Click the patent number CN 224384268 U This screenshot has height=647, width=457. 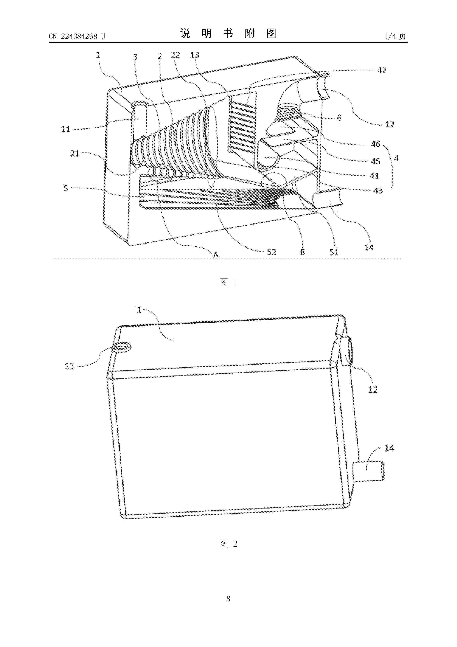(x=77, y=36)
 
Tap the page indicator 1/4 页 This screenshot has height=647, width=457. (x=395, y=36)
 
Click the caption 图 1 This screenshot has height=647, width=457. (x=228, y=282)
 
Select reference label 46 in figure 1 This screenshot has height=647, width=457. (x=376, y=144)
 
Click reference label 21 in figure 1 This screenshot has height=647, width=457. (x=75, y=154)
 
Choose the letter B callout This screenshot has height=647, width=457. (x=303, y=252)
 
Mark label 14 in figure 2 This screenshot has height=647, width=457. (x=389, y=448)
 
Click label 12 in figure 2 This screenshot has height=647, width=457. (x=373, y=390)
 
